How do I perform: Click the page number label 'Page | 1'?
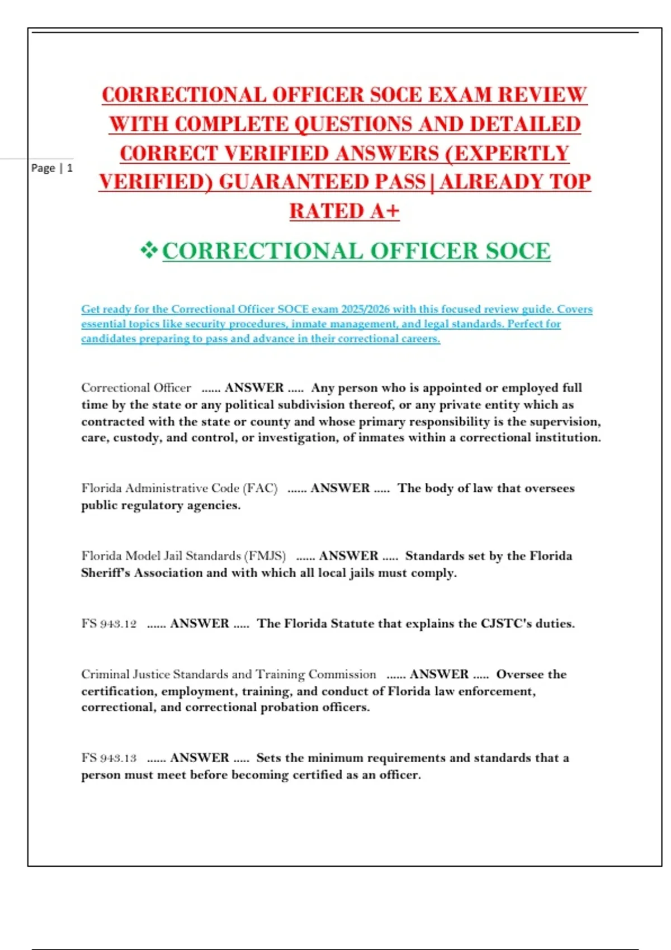[51, 168]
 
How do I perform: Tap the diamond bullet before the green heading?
[149, 250]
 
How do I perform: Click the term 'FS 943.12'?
[109, 624]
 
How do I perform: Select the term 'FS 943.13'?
[109, 758]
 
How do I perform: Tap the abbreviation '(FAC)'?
[260, 488]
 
